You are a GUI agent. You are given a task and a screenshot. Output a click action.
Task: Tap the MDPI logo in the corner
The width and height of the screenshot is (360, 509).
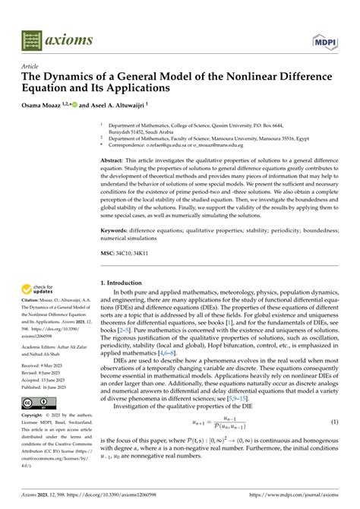click(324, 40)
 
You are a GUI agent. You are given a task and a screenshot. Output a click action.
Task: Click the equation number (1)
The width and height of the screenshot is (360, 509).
click(334, 443)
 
